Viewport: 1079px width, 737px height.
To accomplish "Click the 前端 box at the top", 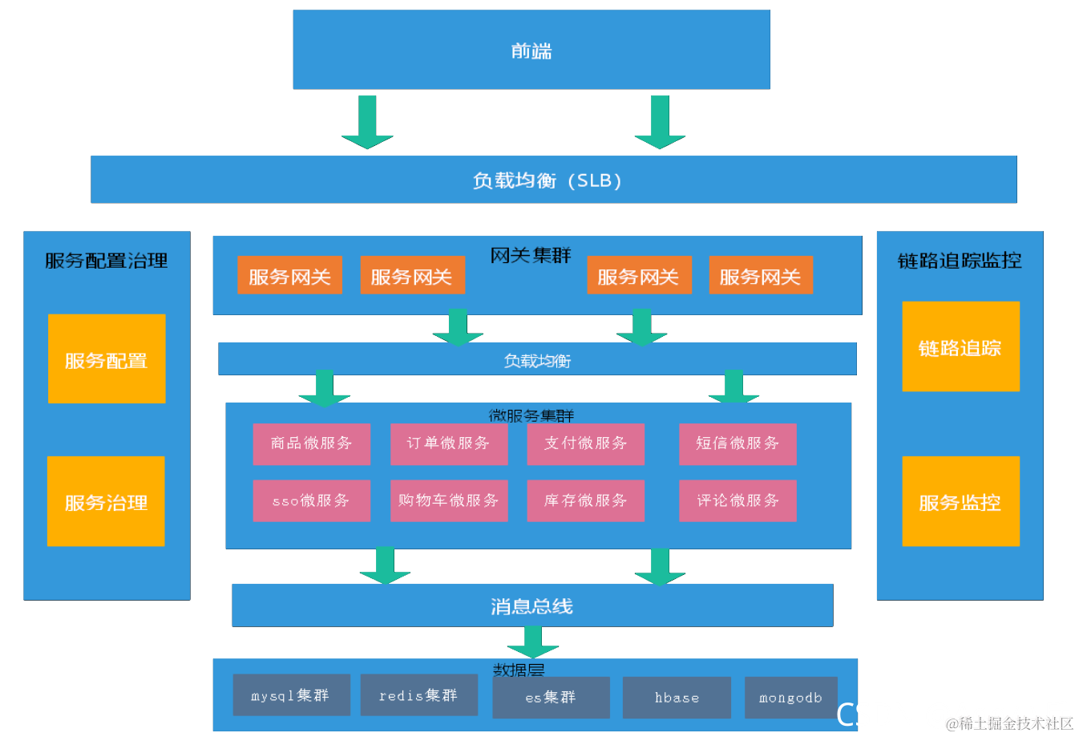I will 531,50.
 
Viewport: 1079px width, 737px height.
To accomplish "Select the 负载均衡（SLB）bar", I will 553,180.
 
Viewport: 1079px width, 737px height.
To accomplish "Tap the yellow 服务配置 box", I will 107,359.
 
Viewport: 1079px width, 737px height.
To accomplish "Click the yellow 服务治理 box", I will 106,501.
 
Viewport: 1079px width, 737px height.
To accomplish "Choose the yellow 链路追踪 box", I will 960,346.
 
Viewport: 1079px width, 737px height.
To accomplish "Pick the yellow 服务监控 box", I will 960,501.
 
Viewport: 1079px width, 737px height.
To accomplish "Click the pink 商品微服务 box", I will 311,443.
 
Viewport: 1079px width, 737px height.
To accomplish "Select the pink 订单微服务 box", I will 449,443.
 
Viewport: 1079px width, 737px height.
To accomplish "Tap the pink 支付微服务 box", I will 585,443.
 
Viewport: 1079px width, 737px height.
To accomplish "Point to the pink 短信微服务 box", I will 738,443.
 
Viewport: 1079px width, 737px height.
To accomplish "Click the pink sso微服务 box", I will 311,500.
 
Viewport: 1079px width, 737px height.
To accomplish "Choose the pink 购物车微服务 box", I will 449,500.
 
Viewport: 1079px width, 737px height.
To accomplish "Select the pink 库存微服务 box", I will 585,500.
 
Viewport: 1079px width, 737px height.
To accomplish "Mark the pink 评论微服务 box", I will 738,500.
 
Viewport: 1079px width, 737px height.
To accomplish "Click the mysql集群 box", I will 291,694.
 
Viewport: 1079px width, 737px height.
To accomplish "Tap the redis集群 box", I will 418,694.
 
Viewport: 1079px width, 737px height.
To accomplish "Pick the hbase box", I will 677,697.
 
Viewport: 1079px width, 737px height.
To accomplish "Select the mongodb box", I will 790,697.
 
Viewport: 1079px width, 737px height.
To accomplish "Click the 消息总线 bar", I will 532,605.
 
